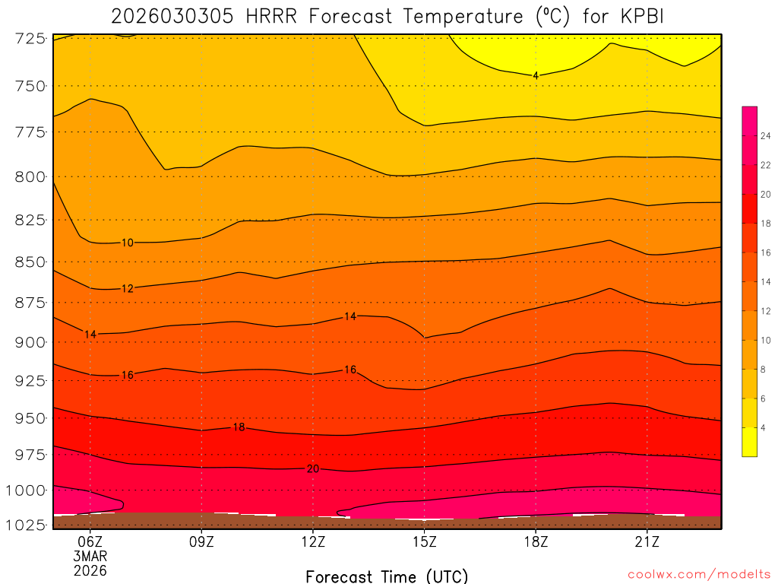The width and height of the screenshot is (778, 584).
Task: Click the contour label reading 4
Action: (536, 75)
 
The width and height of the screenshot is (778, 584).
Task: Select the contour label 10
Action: (128, 243)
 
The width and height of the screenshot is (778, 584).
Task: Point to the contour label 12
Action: (128, 288)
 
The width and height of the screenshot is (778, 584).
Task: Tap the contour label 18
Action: (239, 427)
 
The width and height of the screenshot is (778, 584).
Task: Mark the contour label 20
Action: (313, 468)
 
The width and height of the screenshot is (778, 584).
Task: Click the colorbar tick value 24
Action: (767, 135)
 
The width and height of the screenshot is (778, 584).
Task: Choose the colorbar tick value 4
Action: (764, 427)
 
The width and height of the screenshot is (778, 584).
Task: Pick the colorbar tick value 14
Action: (767, 281)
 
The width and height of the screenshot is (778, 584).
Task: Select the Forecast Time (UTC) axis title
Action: (387, 576)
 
